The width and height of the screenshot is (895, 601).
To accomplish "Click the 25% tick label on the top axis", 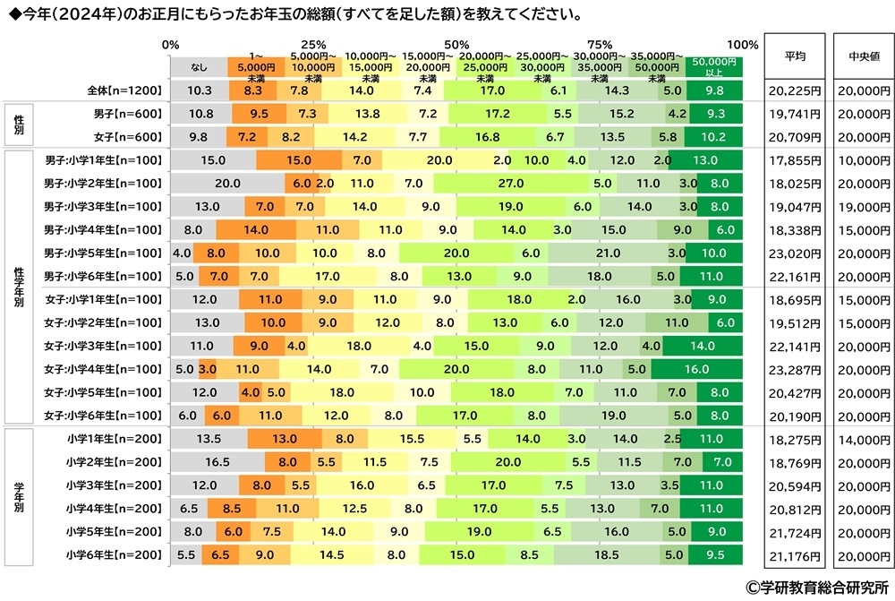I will pos(313,44).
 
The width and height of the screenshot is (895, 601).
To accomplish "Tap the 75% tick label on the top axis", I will pos(600,44).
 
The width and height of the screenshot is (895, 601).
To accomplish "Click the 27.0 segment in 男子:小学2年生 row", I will pos(510,184).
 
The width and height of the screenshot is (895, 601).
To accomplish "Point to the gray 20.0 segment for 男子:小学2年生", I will pos(227,184).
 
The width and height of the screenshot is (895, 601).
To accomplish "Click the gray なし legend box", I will pos(199,64).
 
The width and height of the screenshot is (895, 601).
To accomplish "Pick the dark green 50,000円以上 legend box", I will pos(714,64).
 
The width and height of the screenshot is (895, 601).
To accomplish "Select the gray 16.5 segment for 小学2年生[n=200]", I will pos(217,462).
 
